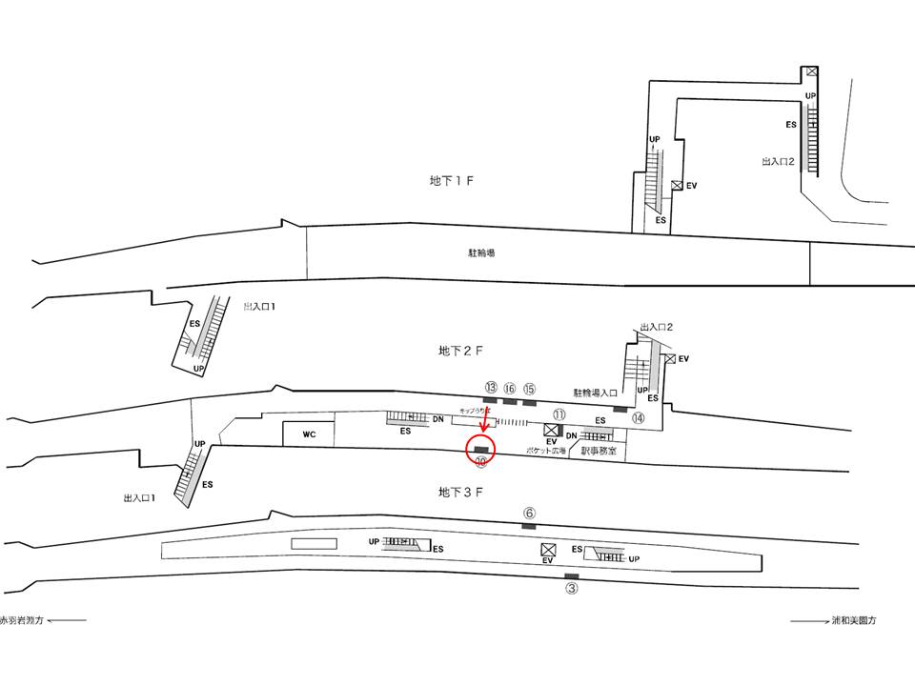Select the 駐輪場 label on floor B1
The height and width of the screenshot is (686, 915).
(480, 253)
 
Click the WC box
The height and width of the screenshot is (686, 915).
(309, 434)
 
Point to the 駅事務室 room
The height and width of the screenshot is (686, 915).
(599, 450)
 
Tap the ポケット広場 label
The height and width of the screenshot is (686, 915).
(546, 450)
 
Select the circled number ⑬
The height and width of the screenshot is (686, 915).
(491, 388)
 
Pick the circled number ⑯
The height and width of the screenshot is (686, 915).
(510, 388)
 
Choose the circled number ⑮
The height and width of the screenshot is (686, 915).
(530, 388)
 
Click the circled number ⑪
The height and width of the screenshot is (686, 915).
(559, 414)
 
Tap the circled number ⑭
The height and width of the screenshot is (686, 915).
(638, 417)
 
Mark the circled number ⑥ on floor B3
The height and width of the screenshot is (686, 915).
(529, 513)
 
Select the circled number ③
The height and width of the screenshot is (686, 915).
(572, 589)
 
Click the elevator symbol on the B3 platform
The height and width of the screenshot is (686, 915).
(548, 550)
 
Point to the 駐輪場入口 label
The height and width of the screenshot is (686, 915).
(596, 393)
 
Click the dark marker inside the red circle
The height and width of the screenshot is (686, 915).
(481, 449)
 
